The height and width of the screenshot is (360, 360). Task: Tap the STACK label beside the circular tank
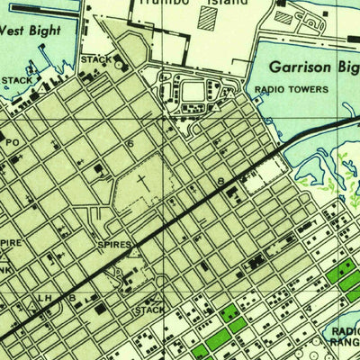click(x=95, y=59)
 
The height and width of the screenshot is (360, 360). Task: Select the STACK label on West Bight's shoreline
click(x=15, y=80)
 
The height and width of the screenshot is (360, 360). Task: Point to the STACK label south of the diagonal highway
click(x=148, y=310)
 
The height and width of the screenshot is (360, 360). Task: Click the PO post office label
click(x=12, y=141)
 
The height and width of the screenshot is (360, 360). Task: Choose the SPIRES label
click(x=114, y=244)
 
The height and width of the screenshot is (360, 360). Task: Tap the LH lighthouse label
click(x=43, y=296)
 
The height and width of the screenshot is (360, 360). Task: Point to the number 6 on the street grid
click(x=130, y=144)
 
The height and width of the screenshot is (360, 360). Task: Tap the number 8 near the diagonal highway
click(x=220, y=183)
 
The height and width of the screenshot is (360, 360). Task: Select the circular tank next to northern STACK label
click(x=120, y=64)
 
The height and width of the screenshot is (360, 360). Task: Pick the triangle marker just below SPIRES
click(x=131, y=253)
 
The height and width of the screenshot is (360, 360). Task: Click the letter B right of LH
click(x=71, y=296)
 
